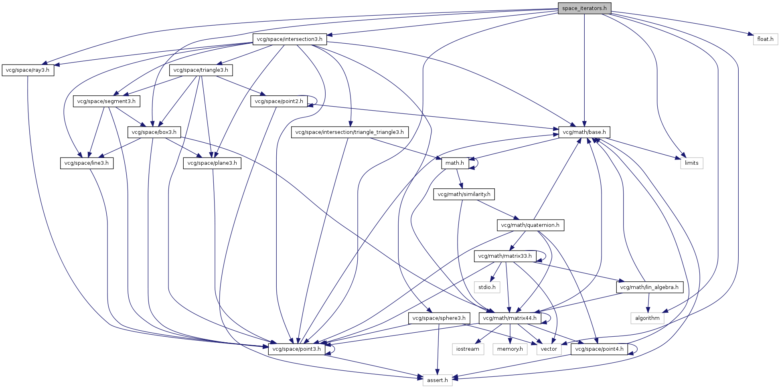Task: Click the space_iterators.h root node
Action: pos(584,8)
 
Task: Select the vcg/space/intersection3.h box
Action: pos(290,39)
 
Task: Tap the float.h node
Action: pos(765,39)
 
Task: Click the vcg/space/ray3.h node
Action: pos(28,70)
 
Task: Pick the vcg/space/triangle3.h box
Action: pos(201,70)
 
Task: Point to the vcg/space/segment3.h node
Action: pos(106,101)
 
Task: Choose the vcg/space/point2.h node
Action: pos(279,101)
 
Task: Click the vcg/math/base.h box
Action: pos(584,132)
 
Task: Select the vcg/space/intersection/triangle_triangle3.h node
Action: pos(349,132)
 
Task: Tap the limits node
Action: pos(691,163)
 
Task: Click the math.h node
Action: pos(455,163)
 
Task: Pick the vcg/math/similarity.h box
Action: pos(464,194)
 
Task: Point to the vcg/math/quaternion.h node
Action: pos(530,225)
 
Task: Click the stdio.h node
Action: pos(487,287)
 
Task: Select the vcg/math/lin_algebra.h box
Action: pos(649,287)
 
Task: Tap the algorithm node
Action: pos(647,318)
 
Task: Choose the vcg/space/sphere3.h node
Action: pos(439,318)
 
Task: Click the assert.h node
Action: pos(437,380)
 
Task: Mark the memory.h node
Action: pos(510,349)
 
